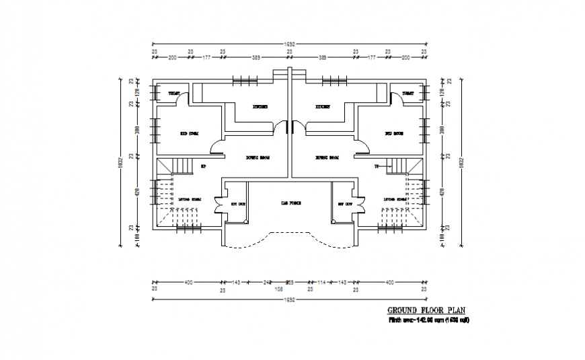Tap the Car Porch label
289,202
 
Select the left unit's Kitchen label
260,107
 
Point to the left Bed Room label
189,134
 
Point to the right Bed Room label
393,134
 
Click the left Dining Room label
257,157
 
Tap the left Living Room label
189,199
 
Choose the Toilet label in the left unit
173,93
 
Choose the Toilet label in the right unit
408,93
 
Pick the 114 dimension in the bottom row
321,282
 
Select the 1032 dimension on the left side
120,161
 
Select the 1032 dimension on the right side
461,161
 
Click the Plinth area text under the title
428,320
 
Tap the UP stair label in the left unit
203,166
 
